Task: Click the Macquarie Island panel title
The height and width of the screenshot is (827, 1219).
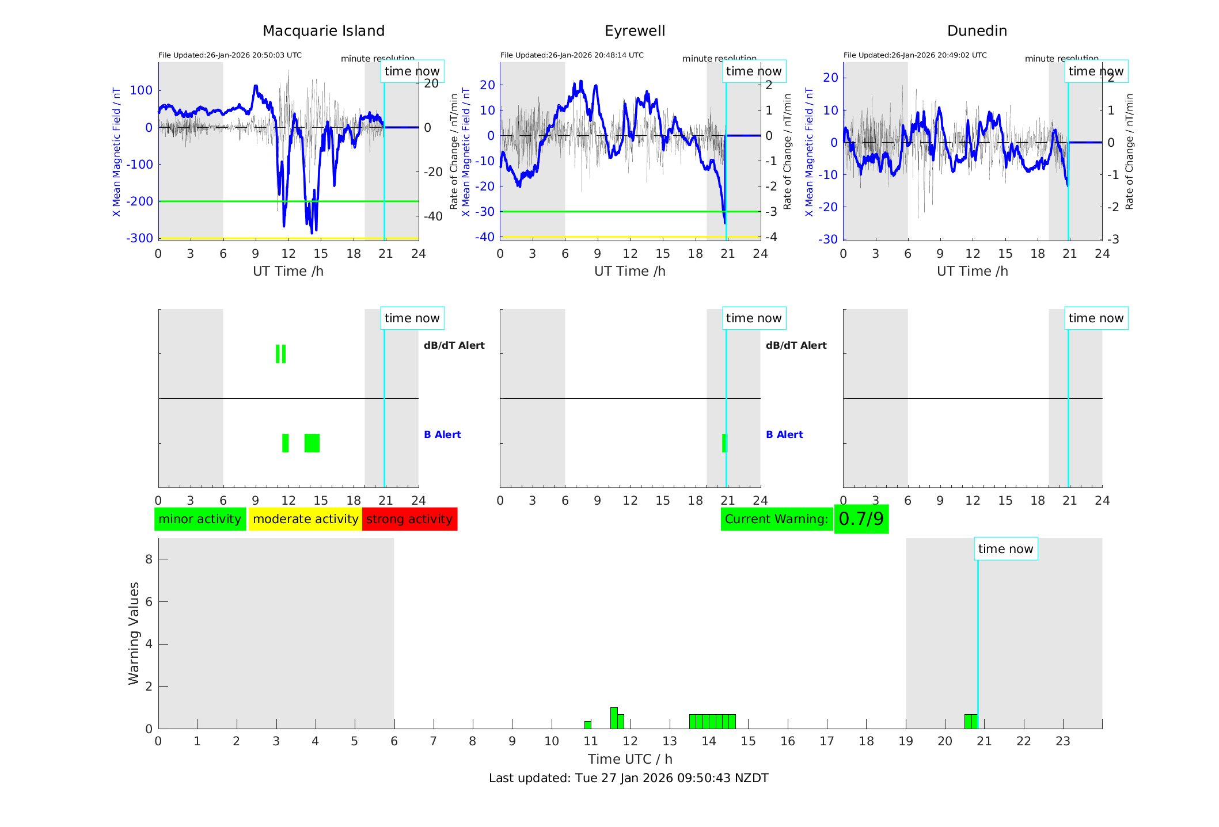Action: pos(323,31)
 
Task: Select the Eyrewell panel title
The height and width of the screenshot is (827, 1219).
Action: pos(635,31)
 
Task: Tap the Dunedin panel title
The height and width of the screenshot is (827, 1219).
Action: pos(977,31)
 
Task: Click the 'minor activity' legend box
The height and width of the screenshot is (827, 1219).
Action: pos(200,519)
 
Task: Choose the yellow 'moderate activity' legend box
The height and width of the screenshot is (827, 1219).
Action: pos(305,519)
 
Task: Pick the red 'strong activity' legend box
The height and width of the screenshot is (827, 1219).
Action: pos(409,519)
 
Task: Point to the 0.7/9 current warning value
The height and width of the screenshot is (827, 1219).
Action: pos(861,519)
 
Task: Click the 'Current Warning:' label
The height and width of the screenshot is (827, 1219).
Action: pos(776,519)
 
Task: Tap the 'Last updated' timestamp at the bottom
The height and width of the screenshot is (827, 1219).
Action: pos(628,778)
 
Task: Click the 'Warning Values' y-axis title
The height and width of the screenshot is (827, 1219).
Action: pos(134,633)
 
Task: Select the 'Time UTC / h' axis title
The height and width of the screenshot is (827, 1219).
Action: pos(630,759)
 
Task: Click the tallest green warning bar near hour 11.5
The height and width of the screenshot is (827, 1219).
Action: pos(614,718)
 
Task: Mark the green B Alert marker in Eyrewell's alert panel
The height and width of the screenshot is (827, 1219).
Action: pos(724,443)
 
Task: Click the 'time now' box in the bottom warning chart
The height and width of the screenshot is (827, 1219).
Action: pos(1005,549)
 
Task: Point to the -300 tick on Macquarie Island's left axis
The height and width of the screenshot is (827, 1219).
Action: pos(140,238)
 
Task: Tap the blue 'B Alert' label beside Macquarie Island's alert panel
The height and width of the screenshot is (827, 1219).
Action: pos(442,435)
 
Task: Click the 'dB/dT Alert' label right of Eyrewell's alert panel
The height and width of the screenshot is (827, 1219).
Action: pos(796,345)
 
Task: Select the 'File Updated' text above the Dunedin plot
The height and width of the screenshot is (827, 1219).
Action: pos(915,55)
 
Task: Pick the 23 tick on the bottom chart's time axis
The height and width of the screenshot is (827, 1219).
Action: pos(1063,741)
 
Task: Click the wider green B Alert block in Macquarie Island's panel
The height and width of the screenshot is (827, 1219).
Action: pos(312,443)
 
